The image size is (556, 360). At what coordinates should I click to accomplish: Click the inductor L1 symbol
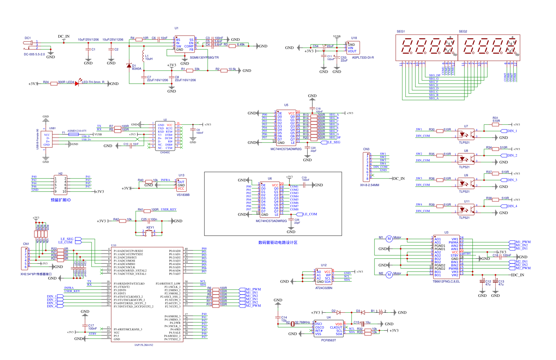click(143, 57)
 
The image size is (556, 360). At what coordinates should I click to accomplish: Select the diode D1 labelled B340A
click(129, 66)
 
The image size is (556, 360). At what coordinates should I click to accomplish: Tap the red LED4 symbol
click(77, 83)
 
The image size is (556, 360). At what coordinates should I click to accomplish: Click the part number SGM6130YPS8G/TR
click(204, 58)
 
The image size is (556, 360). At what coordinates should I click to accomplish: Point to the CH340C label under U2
click(165, 152)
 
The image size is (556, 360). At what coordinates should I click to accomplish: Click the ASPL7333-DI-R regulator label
click(363, 58)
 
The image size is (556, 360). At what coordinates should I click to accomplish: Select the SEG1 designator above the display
click(401, 31)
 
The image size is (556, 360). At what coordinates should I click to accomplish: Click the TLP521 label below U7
click(464, 143)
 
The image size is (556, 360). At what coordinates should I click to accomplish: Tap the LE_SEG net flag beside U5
click(334, 142)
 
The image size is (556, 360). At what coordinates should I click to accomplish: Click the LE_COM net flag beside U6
click(310, 214)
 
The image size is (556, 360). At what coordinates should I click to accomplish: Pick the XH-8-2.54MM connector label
click(370, 185)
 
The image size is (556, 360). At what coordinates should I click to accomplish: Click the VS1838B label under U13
click(183, 195)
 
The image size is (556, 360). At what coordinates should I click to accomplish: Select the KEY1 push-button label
click(150, 228)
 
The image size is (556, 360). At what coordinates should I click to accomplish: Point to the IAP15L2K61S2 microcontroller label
click(144, 345)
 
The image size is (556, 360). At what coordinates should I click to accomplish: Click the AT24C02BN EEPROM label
click(323, 288)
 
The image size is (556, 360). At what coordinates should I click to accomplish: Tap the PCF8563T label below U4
click(328, 340)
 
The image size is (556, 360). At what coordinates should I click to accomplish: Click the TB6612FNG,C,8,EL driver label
click(446, 281)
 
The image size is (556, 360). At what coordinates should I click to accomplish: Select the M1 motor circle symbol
click(389, 239)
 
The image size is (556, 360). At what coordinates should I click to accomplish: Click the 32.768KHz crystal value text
click(302, 322)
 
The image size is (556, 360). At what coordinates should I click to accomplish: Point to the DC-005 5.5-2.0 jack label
click(34, 54)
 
